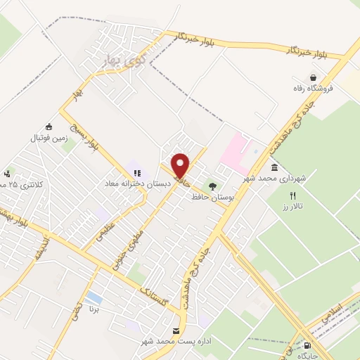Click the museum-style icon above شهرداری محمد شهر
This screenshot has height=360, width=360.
point(274,167)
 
